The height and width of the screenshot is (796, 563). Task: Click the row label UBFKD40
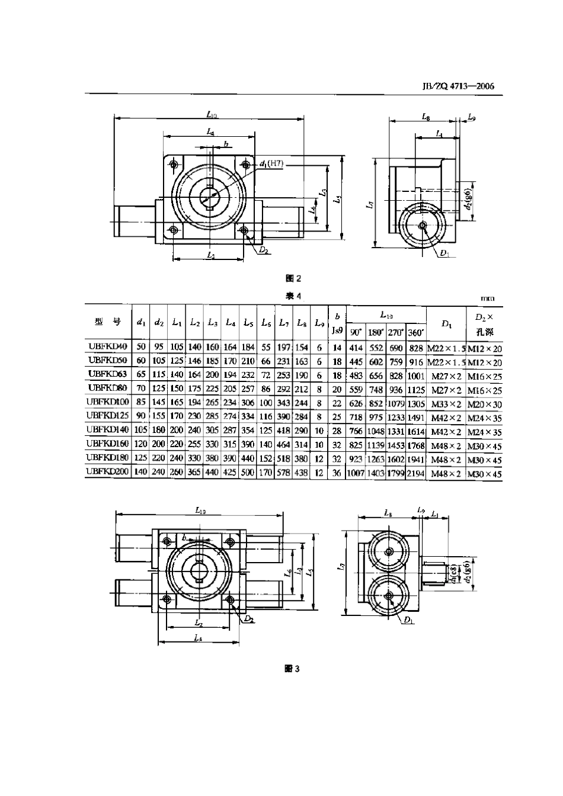click(x=108, y=348)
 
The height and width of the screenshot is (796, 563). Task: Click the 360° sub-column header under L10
click(x=416, y=332)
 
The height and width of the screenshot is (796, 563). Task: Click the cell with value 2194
click(x=416, y=474)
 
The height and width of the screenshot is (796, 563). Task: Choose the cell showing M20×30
click(x=484, y=404)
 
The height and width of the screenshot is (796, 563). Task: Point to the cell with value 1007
click(x=356, y=474)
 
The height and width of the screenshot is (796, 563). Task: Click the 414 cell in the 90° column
click(x=356, y=348)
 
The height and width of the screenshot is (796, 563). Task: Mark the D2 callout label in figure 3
click(x=249, y=619)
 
